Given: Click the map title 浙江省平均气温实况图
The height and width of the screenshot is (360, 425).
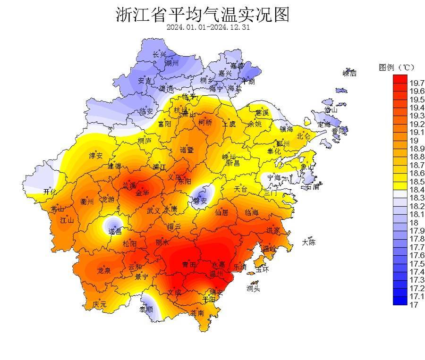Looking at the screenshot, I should (x=202, y=14).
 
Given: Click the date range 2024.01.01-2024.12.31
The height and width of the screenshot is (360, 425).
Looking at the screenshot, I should (x=208, y=27).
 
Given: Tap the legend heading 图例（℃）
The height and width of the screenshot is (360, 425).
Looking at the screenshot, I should (x=396, y=67).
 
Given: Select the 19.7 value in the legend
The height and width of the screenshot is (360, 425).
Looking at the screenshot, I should (x=416, y=83).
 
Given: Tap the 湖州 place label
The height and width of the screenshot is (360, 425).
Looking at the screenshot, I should (x=171, y=62).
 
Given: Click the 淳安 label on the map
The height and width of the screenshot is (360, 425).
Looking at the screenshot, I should (x=96, y=155).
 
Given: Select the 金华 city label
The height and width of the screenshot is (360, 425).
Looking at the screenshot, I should (x=142, y=193).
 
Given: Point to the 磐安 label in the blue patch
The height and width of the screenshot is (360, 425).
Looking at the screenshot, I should (x=200, y=201).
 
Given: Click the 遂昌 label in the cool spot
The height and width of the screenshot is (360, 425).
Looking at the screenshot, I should (x=115, y=231).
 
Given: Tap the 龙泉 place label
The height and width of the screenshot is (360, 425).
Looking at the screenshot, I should (x=104, y=271).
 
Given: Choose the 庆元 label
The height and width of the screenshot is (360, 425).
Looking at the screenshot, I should (x=100, y=304).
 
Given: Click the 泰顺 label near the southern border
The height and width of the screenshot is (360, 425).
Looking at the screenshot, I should (x=145, y=309).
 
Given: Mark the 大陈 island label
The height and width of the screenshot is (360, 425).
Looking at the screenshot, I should (x=309, y=243).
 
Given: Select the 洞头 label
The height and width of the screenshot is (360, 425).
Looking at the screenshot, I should (x=253, y=288).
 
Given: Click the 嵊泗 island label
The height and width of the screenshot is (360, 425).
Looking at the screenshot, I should (x=349, y=73).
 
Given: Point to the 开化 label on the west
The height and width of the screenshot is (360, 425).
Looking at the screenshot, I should (x=50, y=192).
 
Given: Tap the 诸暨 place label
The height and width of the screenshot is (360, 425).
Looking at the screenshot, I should (x=187, y=150).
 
